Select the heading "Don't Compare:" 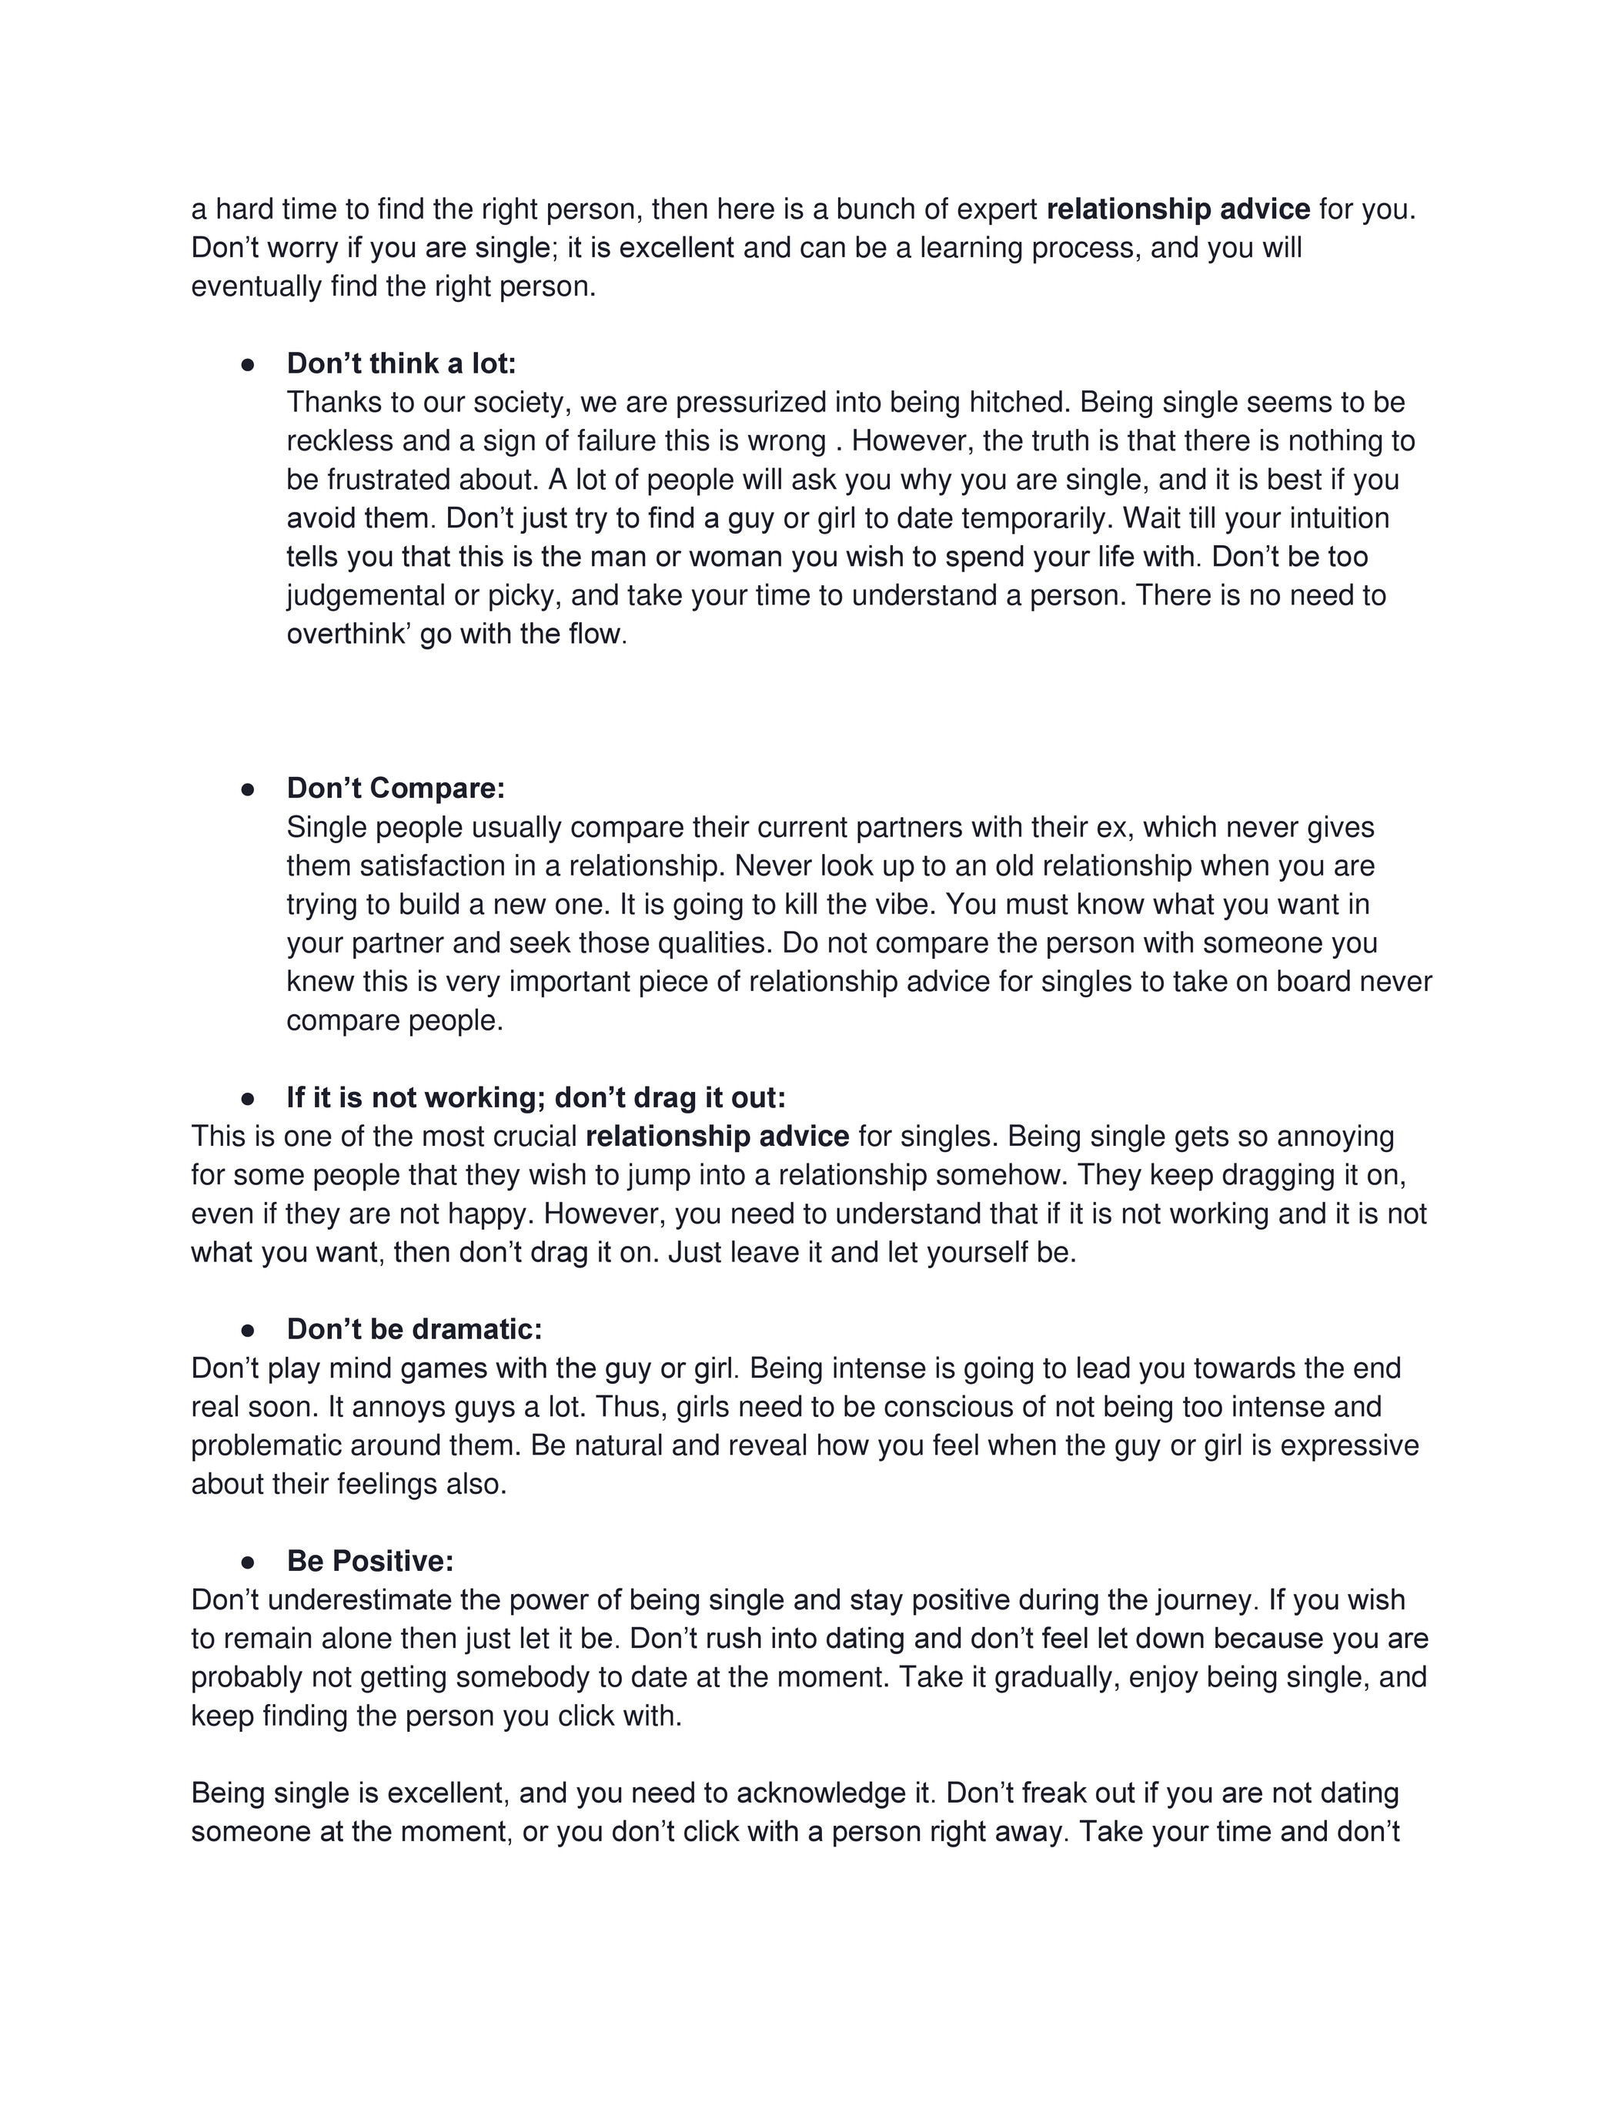click(395, 789)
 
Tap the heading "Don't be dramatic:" click(414, 1330)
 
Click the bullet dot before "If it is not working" click(247, 1099)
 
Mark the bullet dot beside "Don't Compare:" click(247, 789)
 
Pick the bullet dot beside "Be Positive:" click(247, 1562)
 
